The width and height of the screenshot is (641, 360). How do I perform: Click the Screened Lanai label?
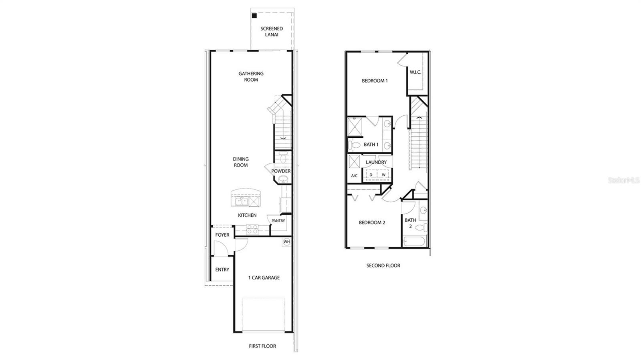point(272,32)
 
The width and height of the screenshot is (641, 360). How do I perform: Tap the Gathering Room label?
point(251,76)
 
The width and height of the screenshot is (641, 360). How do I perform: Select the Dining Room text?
point(240,162)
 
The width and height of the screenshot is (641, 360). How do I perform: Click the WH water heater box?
point(286,242)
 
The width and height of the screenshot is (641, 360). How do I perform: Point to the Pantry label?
point(278,221)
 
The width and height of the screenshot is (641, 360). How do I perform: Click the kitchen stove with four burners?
point(252,230)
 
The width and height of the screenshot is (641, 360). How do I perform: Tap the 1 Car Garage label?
point(264,278)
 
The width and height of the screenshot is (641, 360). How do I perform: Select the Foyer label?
point(222,235)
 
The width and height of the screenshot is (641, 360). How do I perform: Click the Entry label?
point(222,269)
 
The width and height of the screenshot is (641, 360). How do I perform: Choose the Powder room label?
point(281,171)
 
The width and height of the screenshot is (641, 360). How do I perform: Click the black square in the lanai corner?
point(254,16)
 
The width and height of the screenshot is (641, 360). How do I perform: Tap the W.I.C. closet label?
point(415,72)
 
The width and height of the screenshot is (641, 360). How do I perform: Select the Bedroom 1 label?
point(375,80)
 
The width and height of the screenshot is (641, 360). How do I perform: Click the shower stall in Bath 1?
point(354,126)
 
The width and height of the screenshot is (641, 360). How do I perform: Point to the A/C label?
point(354,176)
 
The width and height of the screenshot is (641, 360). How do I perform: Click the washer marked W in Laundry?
point(383,175)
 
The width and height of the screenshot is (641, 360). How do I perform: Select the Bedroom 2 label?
point(372,223)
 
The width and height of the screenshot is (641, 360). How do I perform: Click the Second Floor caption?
point(383,265)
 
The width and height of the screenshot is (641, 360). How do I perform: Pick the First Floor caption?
point(262,346)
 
